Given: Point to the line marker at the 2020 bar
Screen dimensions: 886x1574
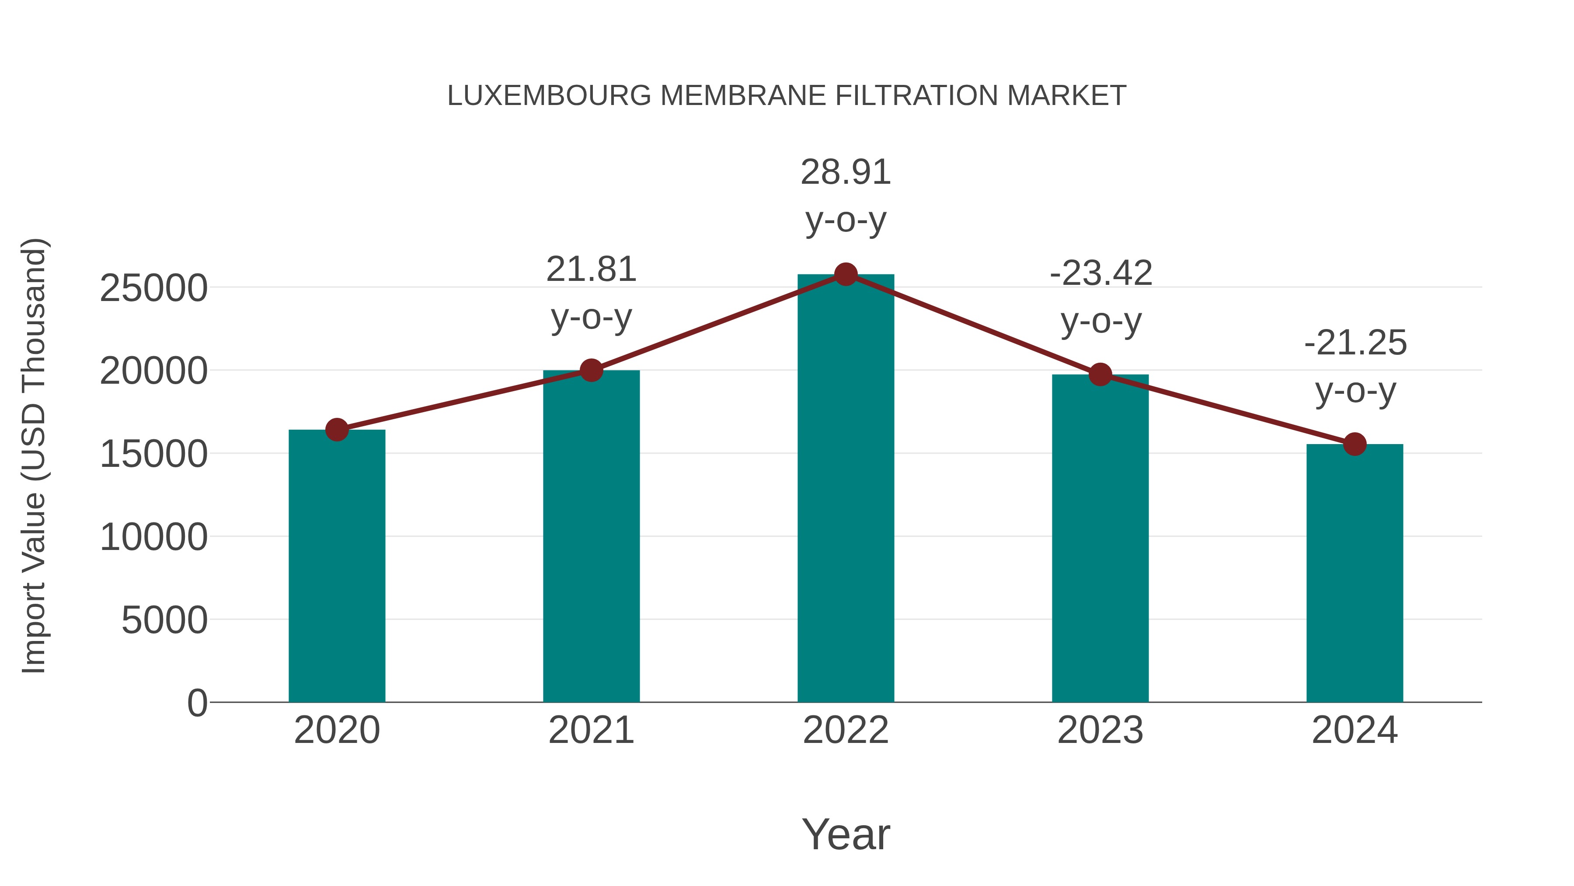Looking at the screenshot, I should (337, 430).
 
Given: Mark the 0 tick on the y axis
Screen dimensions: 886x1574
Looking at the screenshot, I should (197, 703).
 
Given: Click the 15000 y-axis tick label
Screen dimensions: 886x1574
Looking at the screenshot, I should (153, 454).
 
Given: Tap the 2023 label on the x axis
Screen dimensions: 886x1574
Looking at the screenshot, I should (1100, 730).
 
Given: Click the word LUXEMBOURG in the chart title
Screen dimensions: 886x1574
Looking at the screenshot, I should (549, 96).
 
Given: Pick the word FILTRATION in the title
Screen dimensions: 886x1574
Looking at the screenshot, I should (916, 96).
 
